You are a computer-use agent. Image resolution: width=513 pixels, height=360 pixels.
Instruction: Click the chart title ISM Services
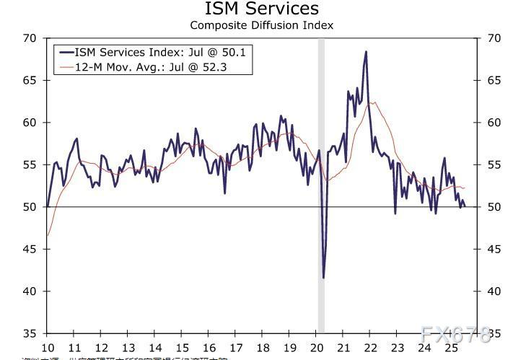point(261,9)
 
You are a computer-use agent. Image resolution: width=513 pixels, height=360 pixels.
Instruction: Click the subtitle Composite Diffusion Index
point(261,25)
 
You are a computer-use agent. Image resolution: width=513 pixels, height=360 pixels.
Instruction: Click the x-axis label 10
point(48,347)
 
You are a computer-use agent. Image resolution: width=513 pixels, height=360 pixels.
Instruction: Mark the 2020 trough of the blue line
point(323,277)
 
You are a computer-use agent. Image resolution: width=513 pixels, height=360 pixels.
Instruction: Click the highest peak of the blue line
point(366,52)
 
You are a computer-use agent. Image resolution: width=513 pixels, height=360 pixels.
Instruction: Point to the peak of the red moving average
point(371,102)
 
